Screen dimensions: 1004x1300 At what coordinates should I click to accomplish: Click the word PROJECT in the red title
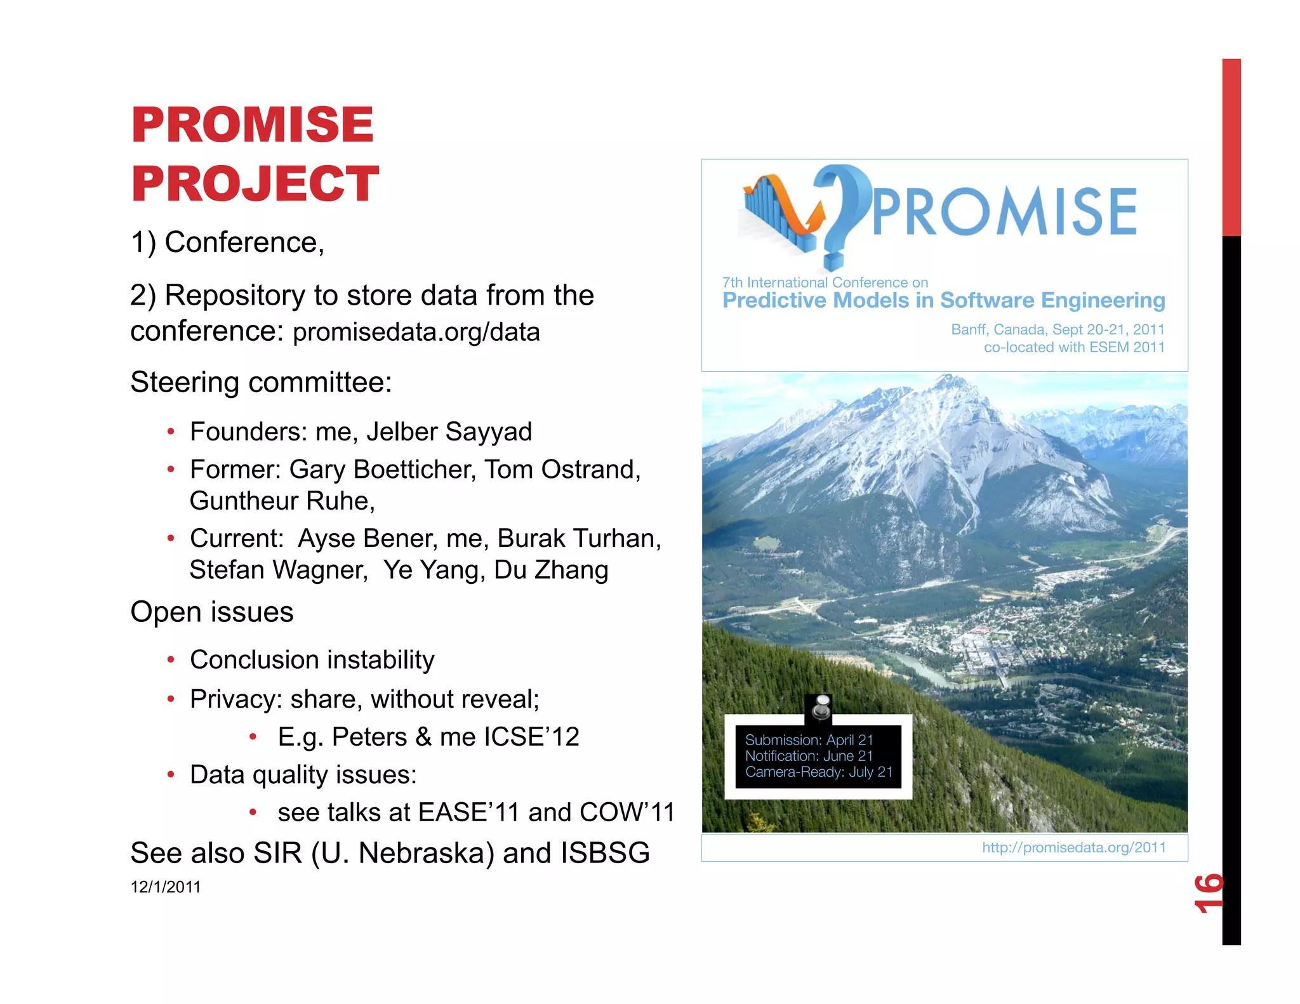[x=255, y=184]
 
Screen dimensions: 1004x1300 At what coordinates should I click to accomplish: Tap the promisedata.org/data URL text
[x=416, y=332]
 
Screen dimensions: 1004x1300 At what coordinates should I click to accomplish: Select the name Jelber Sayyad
[x=449, y=432]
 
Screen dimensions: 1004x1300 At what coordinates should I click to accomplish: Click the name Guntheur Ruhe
[x=282, y=501]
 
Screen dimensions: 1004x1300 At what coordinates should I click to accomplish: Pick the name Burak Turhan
[x=578, y=538]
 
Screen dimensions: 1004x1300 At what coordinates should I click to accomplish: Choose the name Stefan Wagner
[x=278, y=570]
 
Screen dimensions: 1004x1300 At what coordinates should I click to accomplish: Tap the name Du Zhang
[x=551, y=570]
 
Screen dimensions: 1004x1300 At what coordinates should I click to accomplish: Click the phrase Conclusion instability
[x=312, y=660]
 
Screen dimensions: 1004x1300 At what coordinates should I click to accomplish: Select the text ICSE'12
[x=531, y=737]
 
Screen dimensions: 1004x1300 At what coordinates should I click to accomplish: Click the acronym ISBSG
[x=604, y=853]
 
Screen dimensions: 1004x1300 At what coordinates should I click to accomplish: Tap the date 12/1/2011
[x=165, y=887]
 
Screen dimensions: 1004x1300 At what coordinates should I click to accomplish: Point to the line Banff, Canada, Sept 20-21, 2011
[x=1057, y=329]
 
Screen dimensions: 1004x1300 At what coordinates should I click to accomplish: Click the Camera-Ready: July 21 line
[x=818, y=772]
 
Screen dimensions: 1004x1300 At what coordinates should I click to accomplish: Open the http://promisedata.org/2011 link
[x=1073, y=848]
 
